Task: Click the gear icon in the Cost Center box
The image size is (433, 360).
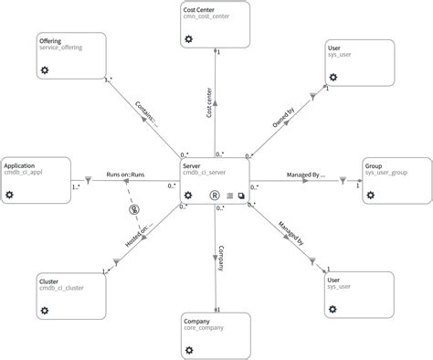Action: click(187, 39)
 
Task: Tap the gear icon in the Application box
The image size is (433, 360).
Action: click(10, 195)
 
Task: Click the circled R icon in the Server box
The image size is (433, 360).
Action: click(215, 195)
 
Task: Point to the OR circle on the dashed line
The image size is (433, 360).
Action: click(134, 209)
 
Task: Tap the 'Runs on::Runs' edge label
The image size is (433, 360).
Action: click(126, 174)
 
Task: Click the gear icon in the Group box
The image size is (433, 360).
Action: click(371, 195)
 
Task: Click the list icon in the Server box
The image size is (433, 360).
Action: click(229, 195)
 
